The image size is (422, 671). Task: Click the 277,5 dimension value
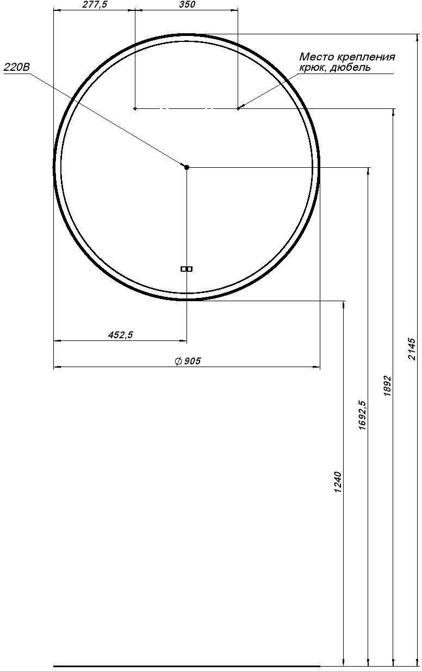[95, 4]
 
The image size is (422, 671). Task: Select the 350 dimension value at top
[187, 4]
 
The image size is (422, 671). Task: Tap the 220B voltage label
[17, 68]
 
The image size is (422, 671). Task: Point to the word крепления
[366, 57]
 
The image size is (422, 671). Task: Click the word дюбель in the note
[350, 68]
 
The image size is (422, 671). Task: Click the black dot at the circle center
[187, 167]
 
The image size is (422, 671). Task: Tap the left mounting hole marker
[135, 108]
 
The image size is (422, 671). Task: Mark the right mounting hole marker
[238, 108]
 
